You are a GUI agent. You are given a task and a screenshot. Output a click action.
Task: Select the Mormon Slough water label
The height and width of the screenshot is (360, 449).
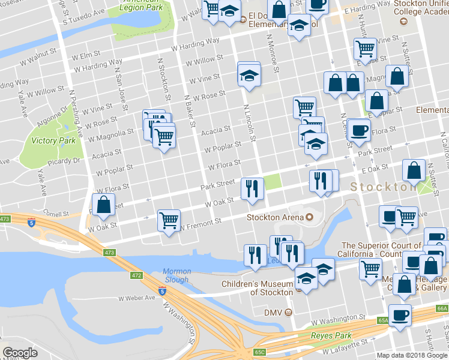point(176,275)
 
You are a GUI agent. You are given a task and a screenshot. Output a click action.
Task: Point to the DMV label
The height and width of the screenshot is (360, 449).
point(273,312)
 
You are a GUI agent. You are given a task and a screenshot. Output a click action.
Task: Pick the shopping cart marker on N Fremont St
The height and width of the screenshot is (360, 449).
point(169,220)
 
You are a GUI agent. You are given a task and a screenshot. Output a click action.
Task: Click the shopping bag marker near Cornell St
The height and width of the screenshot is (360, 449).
point(104,204)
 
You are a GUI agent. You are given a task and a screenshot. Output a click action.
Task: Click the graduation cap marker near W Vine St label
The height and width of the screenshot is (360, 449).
point(249,76)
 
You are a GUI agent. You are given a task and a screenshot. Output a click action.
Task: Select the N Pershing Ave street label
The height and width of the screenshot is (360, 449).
point(77,114)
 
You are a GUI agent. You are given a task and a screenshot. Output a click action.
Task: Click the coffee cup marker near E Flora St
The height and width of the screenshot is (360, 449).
point(359,130)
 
